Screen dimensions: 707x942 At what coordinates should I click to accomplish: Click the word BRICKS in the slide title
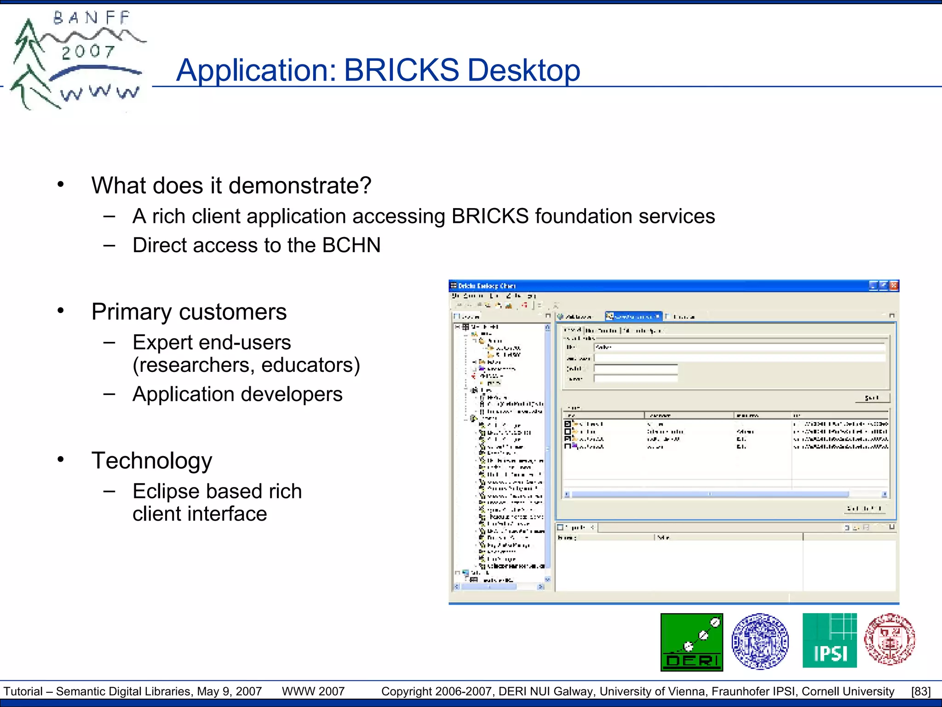tap(401, 70)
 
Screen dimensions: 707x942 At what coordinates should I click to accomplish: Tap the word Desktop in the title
tap(523, 70)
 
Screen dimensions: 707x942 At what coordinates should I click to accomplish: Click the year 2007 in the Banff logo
tap(88, 52)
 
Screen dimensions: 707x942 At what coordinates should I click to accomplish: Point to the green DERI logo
tap(691, 642)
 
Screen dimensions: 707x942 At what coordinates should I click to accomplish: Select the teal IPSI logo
tap(829, 640)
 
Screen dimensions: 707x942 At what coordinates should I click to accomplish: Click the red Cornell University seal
tap(890, 639)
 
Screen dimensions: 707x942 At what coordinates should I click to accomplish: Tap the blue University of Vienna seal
tap(760, 641)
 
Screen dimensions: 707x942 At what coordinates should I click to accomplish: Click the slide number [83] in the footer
tap(920, 691)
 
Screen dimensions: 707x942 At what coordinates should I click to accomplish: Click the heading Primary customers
tap(189, 312)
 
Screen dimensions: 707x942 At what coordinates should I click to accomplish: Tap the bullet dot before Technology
tap(61, 459)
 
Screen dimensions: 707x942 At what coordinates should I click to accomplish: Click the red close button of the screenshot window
tap(894, 286)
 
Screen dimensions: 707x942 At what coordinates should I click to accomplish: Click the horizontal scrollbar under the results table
tap(708, 494)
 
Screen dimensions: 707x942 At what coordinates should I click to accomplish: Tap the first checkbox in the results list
tap(568, 424)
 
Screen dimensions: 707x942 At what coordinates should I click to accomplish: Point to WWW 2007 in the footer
tap(313, 691)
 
